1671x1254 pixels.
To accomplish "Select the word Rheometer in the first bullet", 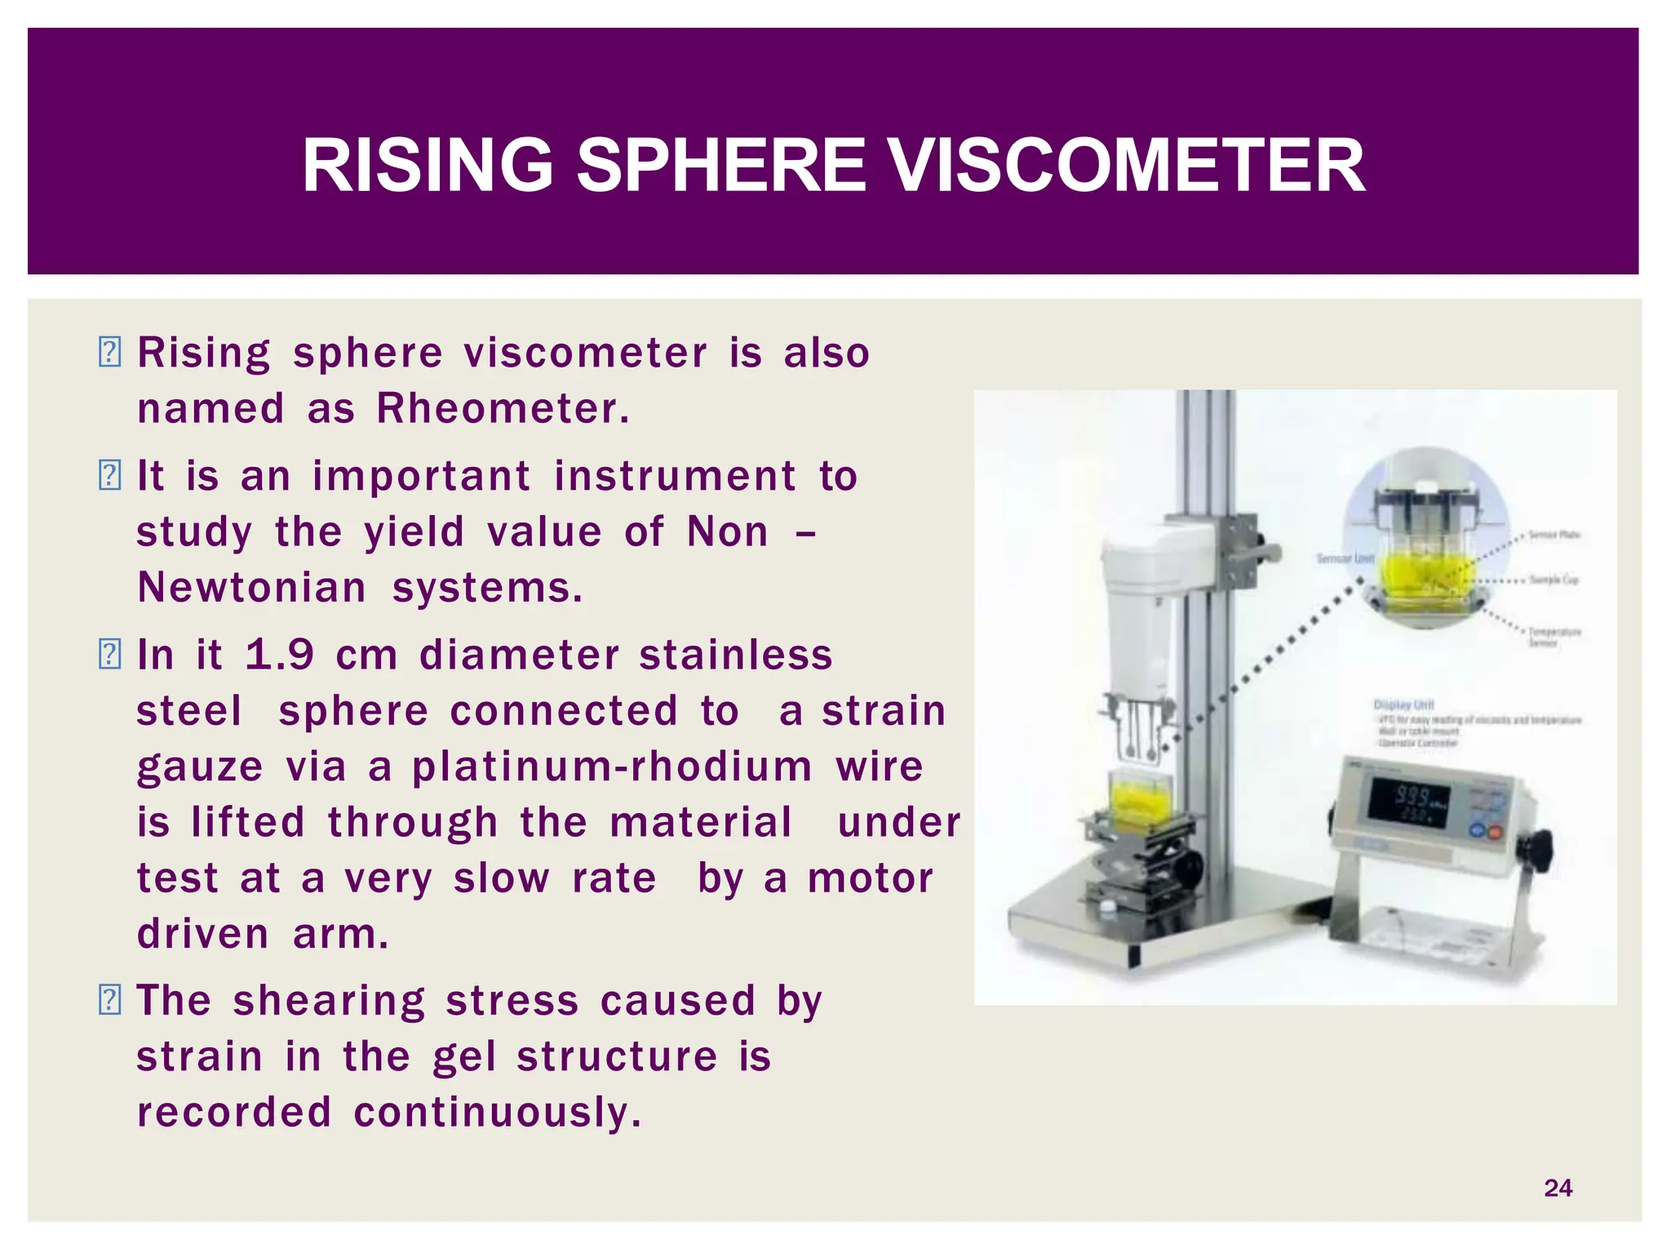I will pyautogui.click(x=502, y=408).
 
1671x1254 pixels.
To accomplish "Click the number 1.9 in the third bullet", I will pyautogui.click(x=279, y=655).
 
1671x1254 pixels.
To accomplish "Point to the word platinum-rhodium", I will pyautogui.click(x=612, y=767).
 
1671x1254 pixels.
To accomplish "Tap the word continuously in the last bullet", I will pyautogui.click(x=497, y=1112).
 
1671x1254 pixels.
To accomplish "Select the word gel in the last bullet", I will pyautogui.click(x=463, y=1057).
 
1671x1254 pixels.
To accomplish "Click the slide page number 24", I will pyautogui.click(x=1558, y=1188).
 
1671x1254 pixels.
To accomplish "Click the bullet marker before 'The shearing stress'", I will pyautogui.click(x=109, y=1000).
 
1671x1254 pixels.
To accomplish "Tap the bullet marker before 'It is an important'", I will pyautogui.click(x=109, y=475).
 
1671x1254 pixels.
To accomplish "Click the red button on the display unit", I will pyautogui.click(x=1496, y=834).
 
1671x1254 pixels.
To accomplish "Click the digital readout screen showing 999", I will pyautogui.click(x=1409, y=799).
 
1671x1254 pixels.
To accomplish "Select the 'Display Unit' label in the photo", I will pyautogui.click(x=1403, y=704).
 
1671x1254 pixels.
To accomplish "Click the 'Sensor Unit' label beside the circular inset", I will pyautogui.click(x=1345, y=558).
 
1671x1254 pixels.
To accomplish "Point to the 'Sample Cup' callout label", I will pyautogui.click(x=1554, y=580).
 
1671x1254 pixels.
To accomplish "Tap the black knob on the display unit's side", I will pyautogui.click(x=1541, y=852).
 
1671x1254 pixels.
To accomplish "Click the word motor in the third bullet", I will pyautogui.click(x=870, y=879).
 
